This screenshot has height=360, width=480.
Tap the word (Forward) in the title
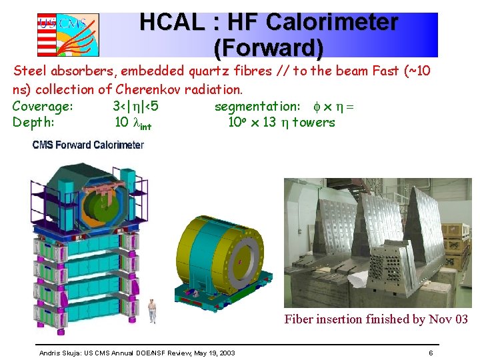click(269, 48)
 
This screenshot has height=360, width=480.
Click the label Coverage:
click(43, 106)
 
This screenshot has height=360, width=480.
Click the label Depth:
click(33, 122)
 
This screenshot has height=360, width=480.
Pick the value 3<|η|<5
click(135, 106)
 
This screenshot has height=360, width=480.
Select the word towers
click(313, 122)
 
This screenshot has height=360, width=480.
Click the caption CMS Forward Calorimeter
click(88, 145)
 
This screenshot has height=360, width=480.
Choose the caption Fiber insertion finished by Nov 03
click(376, 319)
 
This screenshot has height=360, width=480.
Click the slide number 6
click(431, 352)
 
